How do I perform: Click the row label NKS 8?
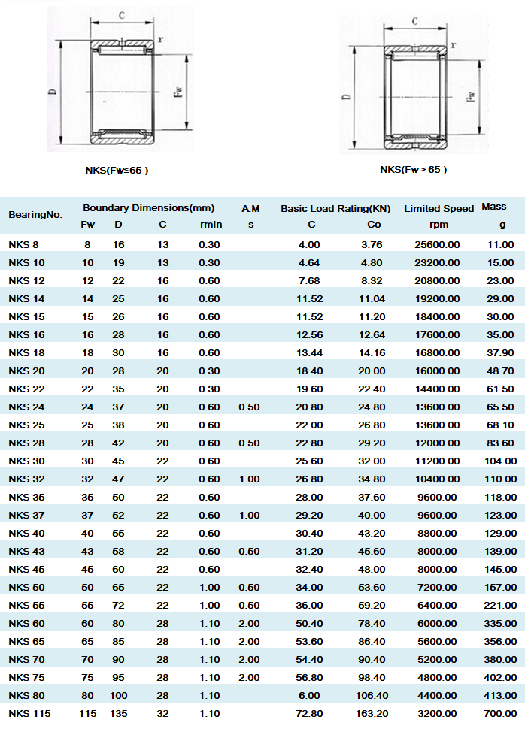tap(23, 244)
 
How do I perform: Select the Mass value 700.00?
tap(500, 713)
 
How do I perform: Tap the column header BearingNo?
tap(35, 215)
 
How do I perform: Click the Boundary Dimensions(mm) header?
tap(148, 207)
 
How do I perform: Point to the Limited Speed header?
tap(439, 208)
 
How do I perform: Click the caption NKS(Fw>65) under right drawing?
tap(413, 169)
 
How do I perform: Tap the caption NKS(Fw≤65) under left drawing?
tap(117, 170)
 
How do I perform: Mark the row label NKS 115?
tap(29, 713)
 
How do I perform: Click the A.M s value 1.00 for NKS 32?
tap(249, 479)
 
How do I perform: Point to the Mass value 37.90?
tap(500, 352)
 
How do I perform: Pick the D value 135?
tap(119, 713)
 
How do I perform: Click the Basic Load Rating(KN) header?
tap(335, 208)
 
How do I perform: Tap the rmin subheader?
tap(211, 225)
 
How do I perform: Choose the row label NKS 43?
tap(26, 551)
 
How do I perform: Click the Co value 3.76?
tap(372, 244)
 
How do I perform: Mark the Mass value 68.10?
tap(500, 425)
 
